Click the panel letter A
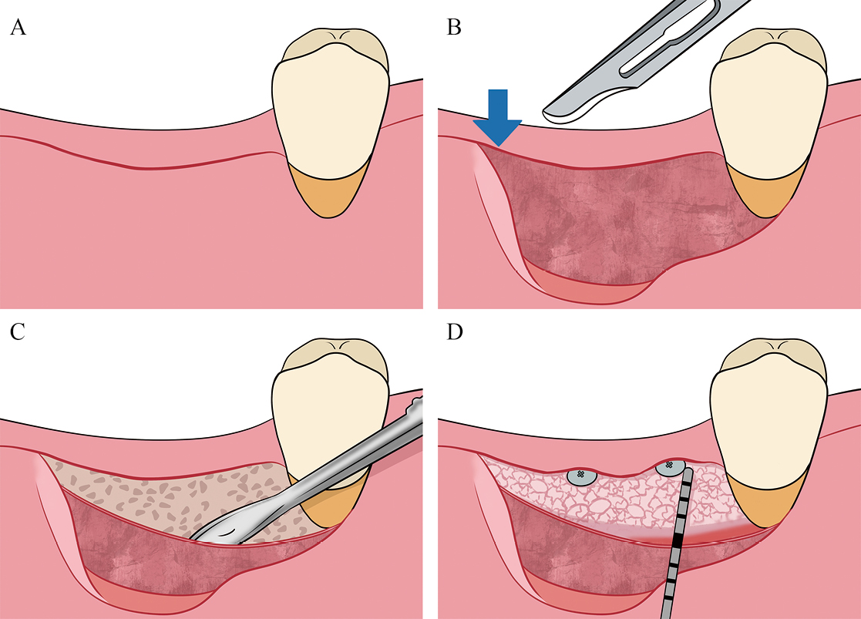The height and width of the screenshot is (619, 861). [x=18, y=29]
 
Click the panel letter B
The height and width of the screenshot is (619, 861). [x=455, y=29]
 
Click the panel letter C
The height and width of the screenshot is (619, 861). [x=17, y=333]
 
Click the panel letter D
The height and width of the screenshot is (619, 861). [x=455, y=333]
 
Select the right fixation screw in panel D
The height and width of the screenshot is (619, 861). [x=668, y=467]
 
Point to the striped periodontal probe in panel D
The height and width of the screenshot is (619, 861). [x=678, y=540]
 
